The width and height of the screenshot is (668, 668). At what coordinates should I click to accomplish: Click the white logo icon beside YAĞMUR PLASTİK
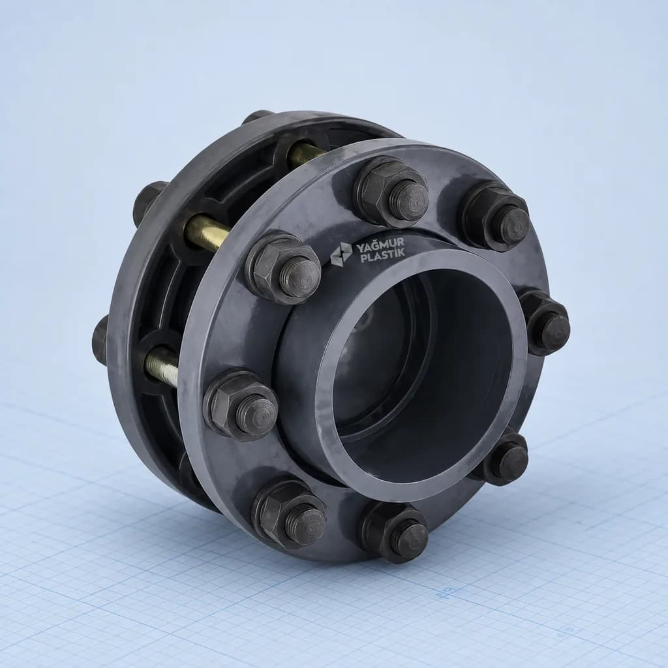341,255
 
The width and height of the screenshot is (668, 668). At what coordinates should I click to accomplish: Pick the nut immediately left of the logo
282,268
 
